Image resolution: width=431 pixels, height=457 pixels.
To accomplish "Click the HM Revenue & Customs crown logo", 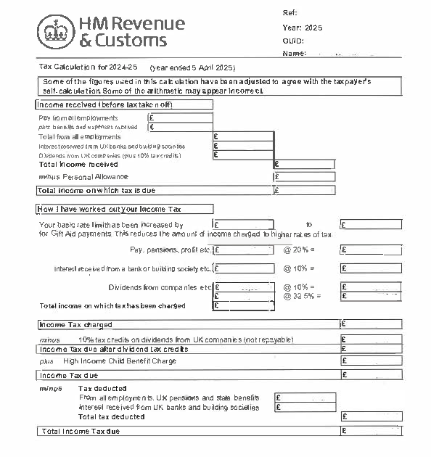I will click(x=51, y=32).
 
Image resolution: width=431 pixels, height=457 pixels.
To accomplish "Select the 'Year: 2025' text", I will click(x=302, y=28).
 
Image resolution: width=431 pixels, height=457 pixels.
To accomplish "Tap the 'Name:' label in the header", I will click(x=294, y=53).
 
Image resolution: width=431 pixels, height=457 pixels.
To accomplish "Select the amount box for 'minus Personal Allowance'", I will click(x=304, y=176).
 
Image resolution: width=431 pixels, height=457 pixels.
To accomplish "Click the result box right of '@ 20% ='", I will click(x=370, y=250).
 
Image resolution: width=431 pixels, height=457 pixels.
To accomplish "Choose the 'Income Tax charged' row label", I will click(x=76, y=324).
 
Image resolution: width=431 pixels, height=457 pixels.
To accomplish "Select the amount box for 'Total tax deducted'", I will click(x=370, y=416).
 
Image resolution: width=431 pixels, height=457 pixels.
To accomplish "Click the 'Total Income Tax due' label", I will click(x=81, y=432).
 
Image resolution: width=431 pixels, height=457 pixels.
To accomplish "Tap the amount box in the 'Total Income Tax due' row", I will click(x=370, y=432).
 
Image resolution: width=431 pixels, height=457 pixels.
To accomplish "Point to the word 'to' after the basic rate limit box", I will click(x=309, y=225).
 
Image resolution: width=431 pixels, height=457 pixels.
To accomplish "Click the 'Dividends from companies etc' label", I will click(x=160, y=287).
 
